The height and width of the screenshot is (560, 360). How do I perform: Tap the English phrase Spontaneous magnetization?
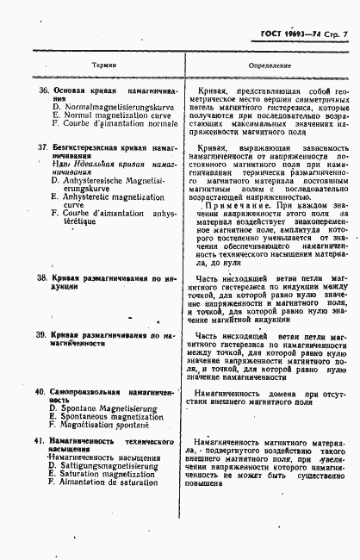pyautogui.click(x=107, y=416)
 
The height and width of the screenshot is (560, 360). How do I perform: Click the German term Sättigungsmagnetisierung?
pyautogui.click(x=101, y=465)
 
